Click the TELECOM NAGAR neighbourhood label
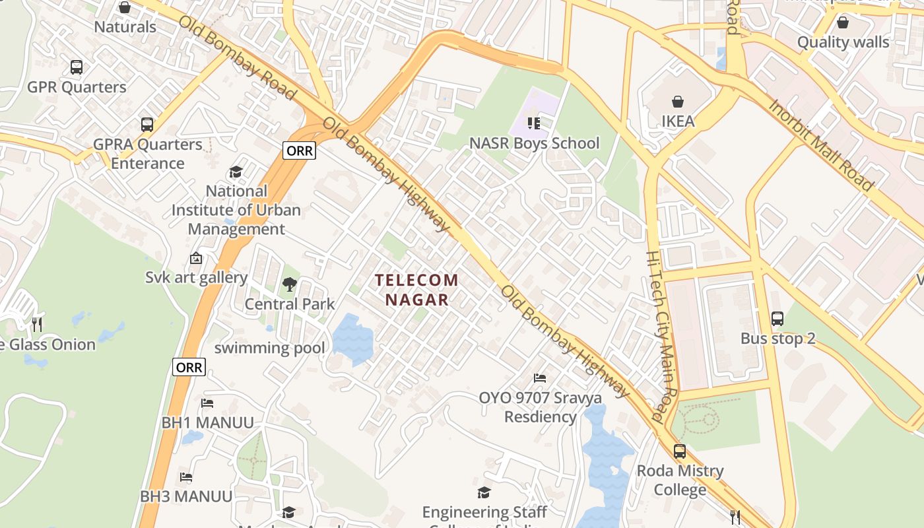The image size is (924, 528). pos(417,290)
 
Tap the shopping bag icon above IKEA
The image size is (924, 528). pos(677,102)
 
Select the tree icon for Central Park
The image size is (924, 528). pos(289,284)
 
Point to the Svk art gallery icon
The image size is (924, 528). pos(195,258)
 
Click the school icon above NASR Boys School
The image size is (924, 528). pos(534,123)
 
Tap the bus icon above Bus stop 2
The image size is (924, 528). pos(777,319)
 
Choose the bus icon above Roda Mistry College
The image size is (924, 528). pos(680,451)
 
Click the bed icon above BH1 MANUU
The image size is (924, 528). pos(207,403)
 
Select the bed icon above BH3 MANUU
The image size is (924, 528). pos(186,477)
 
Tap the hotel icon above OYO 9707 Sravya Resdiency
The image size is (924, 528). pos(540,378)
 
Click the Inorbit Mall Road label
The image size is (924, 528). pos(821,145)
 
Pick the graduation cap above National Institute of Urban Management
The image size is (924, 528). pos(236,172)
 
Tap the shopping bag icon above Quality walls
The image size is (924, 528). pos(843,23)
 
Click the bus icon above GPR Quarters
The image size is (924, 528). pos(77,67)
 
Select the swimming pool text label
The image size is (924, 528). pos(269,348)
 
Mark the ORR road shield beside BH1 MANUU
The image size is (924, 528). pos(189,367)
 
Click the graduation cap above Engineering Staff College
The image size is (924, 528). pos(484,493)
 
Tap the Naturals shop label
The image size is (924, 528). pos(125,27)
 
